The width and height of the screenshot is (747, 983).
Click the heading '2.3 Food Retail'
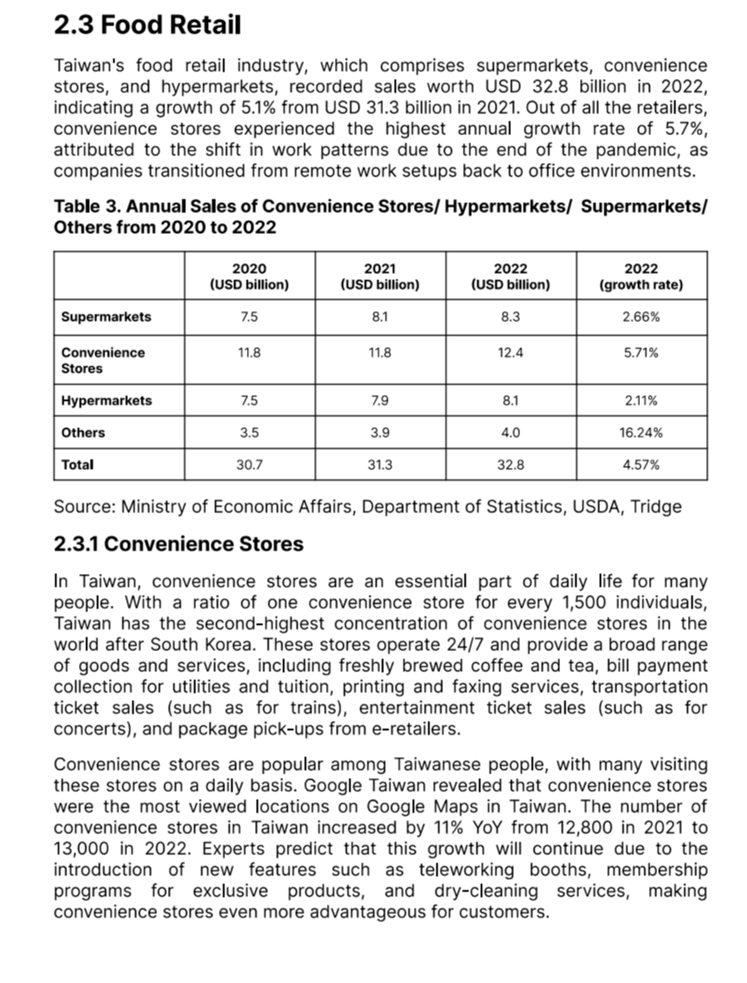(x=147, y=25)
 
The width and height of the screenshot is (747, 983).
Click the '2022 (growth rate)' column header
(x=641, y=277)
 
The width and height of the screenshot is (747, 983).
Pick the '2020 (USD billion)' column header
(x=249, y=277)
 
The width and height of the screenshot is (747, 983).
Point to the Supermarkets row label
(x=106, y=317)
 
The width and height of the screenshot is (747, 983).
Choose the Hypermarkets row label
(x=106, y=401)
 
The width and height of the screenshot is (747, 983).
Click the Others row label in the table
(x=83, y=433)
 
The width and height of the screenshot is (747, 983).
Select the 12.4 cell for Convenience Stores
(x=510, y=353)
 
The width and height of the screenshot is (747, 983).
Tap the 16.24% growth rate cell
(x=641, y=433)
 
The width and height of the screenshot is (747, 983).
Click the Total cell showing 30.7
(x=249, y=464)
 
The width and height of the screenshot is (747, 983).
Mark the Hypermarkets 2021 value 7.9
(x=379, y=401)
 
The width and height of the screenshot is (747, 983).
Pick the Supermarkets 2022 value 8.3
(x=510, y=317)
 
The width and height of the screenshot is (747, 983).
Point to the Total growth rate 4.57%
(x=641, y=464)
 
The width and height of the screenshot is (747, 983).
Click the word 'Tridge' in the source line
(x=656, y=506)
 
